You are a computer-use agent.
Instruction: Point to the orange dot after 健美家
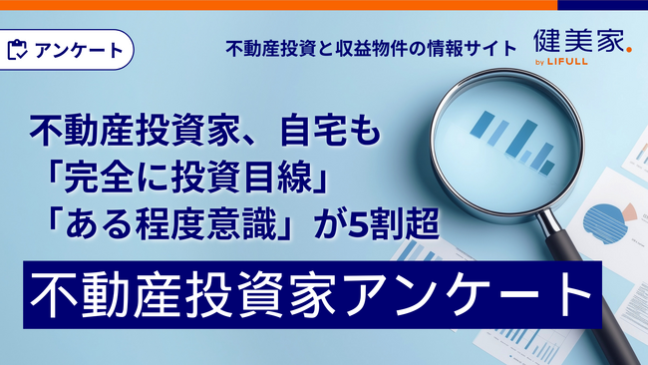628,51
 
